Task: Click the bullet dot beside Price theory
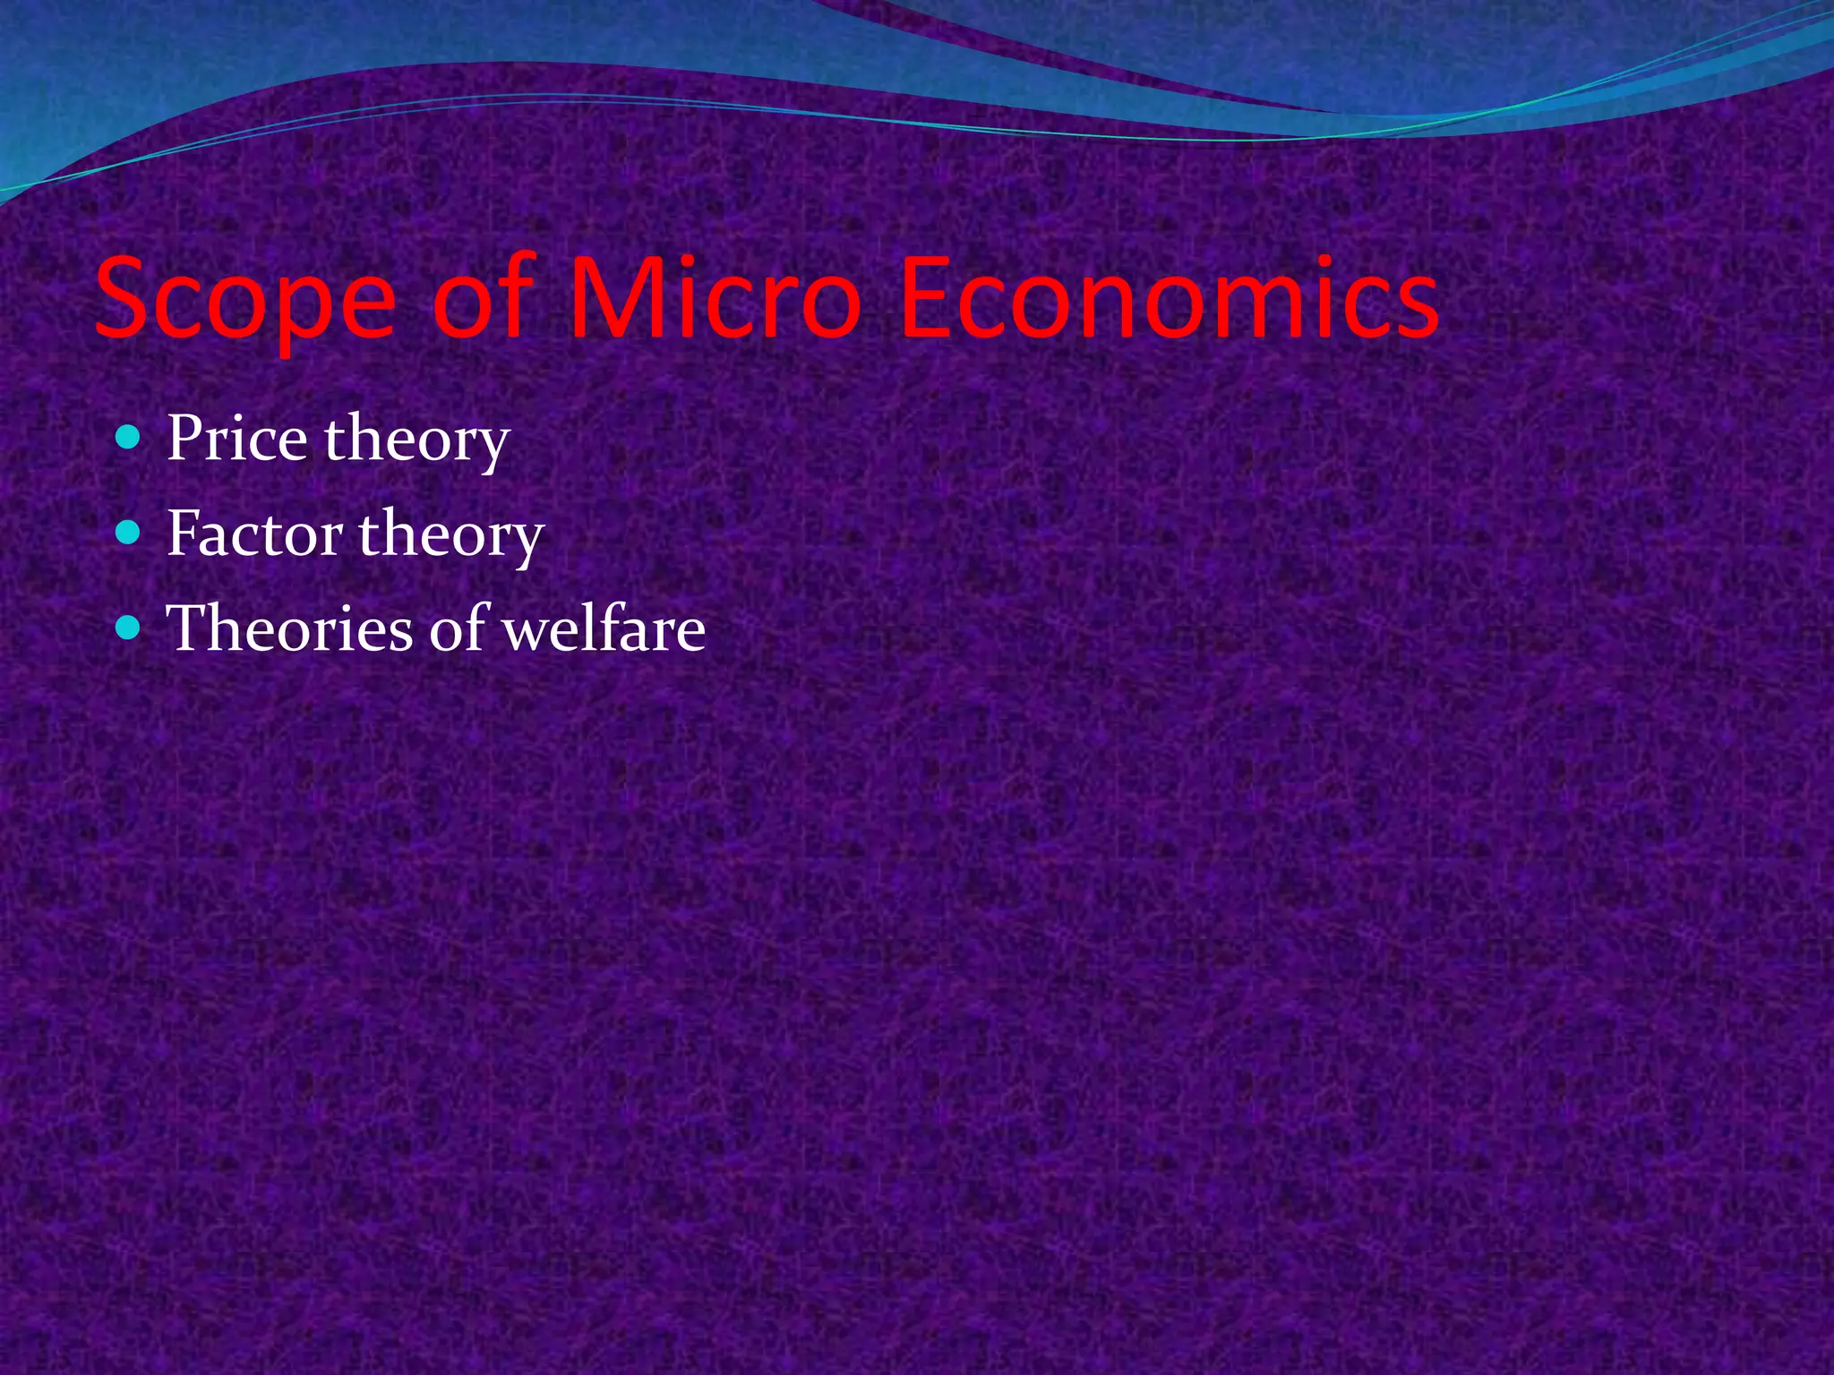[x=129, y=438]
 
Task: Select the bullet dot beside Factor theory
[x=129, y=533]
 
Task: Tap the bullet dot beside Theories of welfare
[x=129, y=628]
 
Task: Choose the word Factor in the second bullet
[x=254, y=534]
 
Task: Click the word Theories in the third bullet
[x=289, y=628]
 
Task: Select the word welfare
[x=604, y=628]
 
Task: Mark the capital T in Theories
[x=187, y=628]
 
